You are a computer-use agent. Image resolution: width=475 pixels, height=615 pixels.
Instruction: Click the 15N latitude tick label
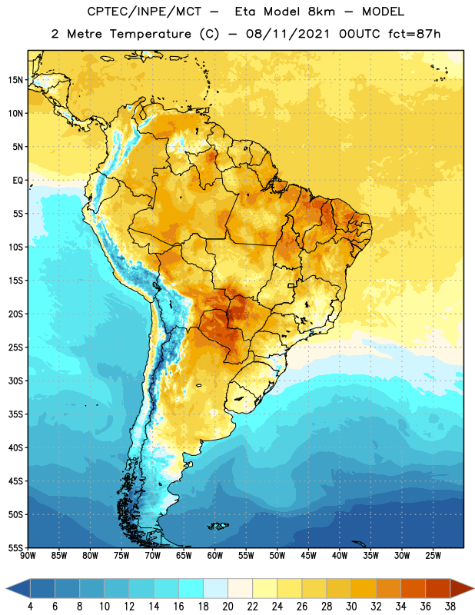point(15,80)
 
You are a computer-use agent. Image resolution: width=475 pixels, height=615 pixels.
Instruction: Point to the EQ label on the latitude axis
point(18,181)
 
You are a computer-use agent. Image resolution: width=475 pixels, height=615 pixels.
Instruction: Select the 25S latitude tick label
point(15,347)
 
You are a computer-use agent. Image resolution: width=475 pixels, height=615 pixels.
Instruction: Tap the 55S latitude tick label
point(15,547)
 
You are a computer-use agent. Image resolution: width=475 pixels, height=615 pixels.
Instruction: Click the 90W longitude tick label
point(28,556)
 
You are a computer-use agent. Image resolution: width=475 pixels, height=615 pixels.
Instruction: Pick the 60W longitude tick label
point(215,556)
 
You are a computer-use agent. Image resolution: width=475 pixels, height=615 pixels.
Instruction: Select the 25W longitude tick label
point(433,556)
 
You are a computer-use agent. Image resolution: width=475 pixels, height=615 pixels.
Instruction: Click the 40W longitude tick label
point(340,556)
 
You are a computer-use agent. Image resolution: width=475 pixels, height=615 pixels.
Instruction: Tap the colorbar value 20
point(228,606)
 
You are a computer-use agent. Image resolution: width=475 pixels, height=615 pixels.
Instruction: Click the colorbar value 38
point(450,606)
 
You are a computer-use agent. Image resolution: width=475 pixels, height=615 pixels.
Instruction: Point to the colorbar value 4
point(30,606)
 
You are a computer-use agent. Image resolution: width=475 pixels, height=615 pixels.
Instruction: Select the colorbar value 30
point(351,606)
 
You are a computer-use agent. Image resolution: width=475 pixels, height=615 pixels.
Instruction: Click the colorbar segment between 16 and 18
point(191,588)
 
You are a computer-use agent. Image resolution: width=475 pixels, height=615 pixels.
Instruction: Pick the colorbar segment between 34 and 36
point(414,588)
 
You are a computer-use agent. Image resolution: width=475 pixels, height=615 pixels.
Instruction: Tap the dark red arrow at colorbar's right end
point(462,588)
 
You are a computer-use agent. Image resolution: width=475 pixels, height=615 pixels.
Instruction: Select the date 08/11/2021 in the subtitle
point(287,34)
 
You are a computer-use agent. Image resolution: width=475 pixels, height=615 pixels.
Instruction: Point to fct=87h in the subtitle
point(414,34)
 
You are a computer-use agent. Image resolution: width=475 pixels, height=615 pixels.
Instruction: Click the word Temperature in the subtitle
point(150,34)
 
